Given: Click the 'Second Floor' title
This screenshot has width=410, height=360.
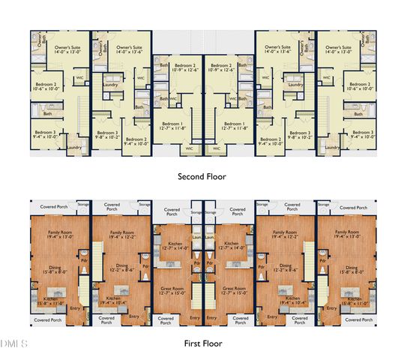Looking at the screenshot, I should coord(202,177).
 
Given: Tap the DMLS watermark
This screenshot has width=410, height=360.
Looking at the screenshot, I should coord(13,344).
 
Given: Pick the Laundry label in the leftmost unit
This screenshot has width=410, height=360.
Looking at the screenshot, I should coord(73,147).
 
